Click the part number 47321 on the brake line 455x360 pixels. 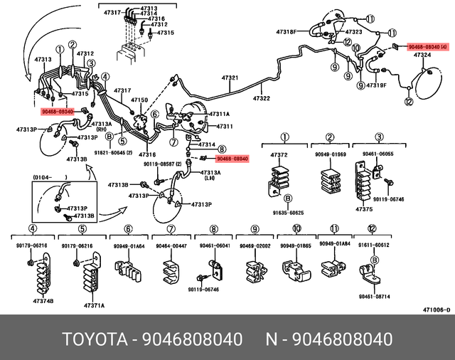(x=229, y=78)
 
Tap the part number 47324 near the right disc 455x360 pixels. (x=422, y=55)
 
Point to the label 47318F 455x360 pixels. (x=286, y=32)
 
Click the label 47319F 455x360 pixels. (x=376, y=85)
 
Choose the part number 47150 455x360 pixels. (x=140, y=100)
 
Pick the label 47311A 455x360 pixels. (x=219, y=114)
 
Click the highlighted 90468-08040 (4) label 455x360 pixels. (x=427, y=47)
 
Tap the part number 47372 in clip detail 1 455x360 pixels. (x=279, y=154)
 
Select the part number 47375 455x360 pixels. (x=364, y=208)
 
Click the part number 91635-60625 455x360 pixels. (x=288, y=213)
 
